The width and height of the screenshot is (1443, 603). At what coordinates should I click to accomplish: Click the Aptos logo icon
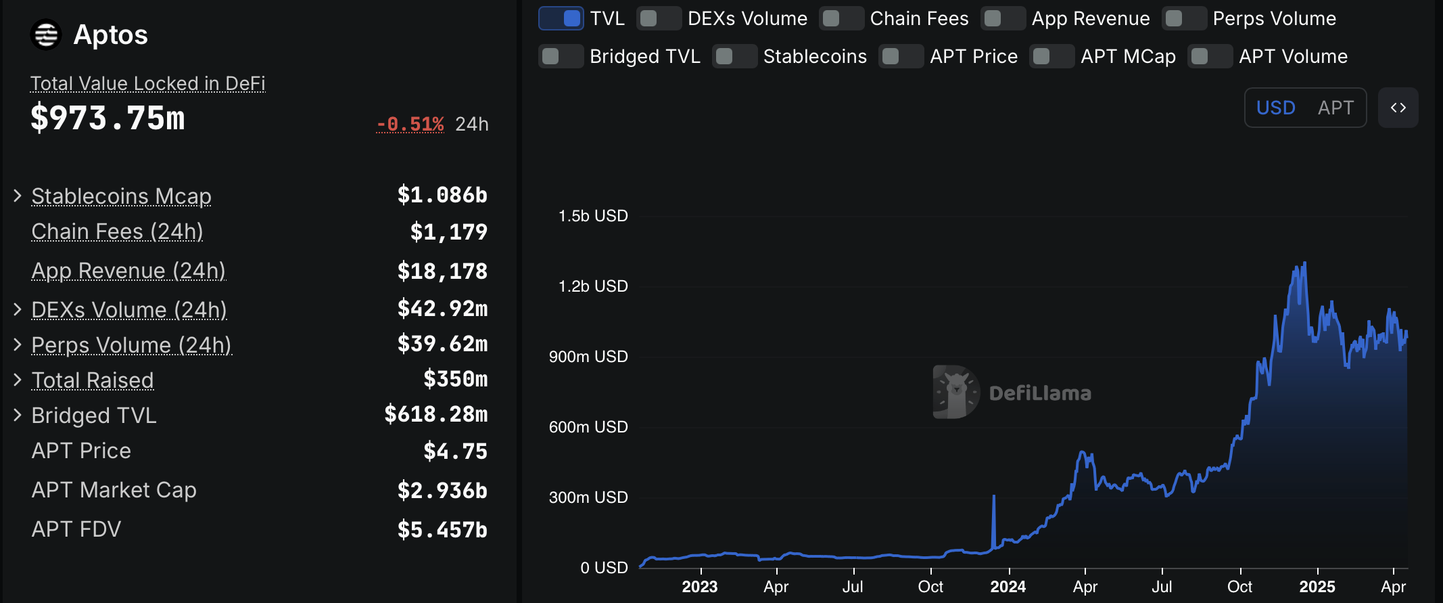pos(46,35)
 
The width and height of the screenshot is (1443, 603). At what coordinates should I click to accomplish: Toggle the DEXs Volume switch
pos(659,18)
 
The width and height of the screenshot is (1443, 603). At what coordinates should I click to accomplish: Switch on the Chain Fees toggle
pos(841,18)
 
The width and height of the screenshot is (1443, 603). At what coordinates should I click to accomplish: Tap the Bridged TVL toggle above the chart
pos(561,56)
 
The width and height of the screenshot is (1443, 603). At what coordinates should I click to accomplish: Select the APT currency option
pos(1335,108)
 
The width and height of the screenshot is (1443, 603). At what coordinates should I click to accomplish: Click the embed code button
pos(1398,108)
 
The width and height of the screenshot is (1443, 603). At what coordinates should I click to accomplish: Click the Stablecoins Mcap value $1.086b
pos(442,196)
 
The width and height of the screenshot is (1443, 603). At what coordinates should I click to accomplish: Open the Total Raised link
pos(93,380)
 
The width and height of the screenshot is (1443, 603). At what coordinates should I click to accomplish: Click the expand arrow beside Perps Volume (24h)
pos(18,344)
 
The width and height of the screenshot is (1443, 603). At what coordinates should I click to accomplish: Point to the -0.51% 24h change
pos(410,125)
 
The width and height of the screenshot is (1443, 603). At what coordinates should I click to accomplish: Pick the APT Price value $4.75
pos(455,451)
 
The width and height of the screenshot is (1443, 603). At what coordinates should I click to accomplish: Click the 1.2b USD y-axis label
pos(593,286)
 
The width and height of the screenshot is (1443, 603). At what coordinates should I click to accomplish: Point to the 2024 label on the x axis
pos(1008,587)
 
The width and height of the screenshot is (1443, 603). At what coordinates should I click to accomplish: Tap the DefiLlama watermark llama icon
pos(956,392)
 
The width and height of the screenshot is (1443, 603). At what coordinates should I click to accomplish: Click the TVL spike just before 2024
pos(993,497)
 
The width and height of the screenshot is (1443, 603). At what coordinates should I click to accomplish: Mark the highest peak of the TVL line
pos(1304,263)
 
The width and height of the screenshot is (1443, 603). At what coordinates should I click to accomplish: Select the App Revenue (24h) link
pos(128,271)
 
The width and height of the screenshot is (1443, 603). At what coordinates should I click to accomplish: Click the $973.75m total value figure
pos(108,118)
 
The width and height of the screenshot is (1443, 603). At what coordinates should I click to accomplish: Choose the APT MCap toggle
pos(1051,56)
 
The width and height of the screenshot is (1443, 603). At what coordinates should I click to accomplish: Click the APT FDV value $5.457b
pos(442,530)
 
